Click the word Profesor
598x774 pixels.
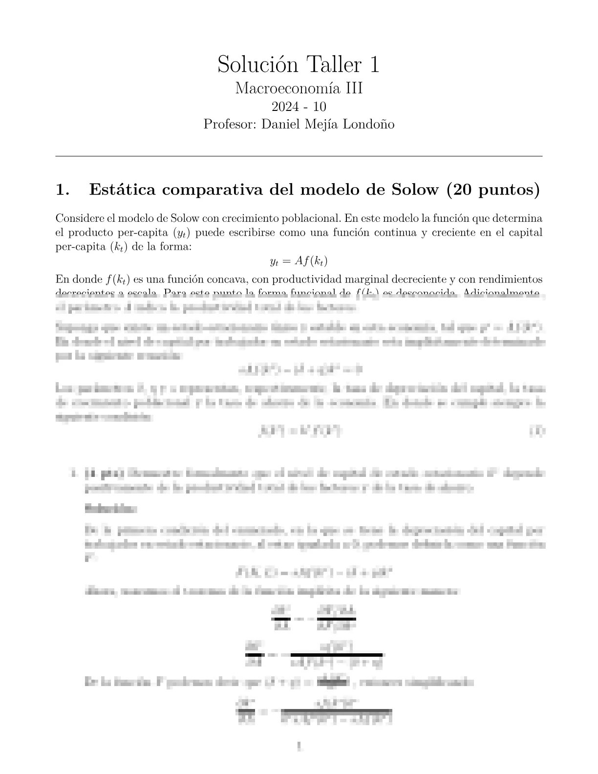[x=230, y=124]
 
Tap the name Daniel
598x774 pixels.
[x=280, y=124]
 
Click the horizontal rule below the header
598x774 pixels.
[x=299, y=156]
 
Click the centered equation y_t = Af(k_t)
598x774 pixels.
[x=299, y=261]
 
